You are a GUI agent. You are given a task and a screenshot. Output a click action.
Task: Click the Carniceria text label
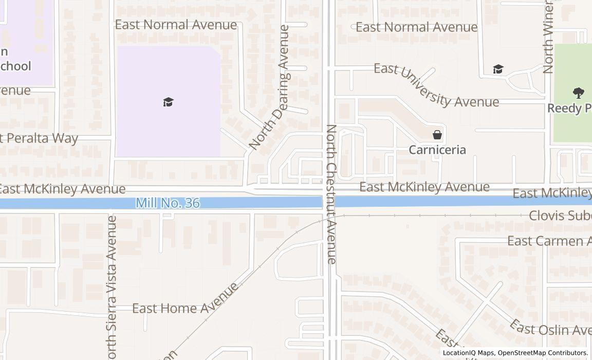pyautogui.click(x=437, y=150)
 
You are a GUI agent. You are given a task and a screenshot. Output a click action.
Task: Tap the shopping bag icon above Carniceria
pyautogui.click(x=437, y=135)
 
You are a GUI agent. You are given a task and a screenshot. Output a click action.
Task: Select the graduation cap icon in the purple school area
pyautogui.click(x=169, y=102)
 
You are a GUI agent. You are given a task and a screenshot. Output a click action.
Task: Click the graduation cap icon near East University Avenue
pyautogui.click(x=497, y=69)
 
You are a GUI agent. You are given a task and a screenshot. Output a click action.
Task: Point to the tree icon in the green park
pyautogui.click(x=579, y=93)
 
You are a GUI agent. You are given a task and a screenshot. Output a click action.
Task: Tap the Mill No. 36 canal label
pyautogui.click(x=168, y=203)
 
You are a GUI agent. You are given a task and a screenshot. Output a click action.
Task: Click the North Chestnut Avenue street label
pyautogui.click(x=331, y=194)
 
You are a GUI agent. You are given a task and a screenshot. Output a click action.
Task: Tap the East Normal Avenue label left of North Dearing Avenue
pyautogui.click(x=176, y=25)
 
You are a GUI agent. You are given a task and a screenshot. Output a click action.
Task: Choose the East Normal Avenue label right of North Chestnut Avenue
pyautogui.click(x=417, y=27)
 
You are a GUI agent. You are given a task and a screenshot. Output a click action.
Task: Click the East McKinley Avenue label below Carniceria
pyautogui.click(x=424, y=187)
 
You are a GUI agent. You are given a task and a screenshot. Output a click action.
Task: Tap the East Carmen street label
pyautogui.click(x=549, y=241)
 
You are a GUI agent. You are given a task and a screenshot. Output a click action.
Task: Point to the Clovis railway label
pyautogui.click(x=560, y=215)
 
